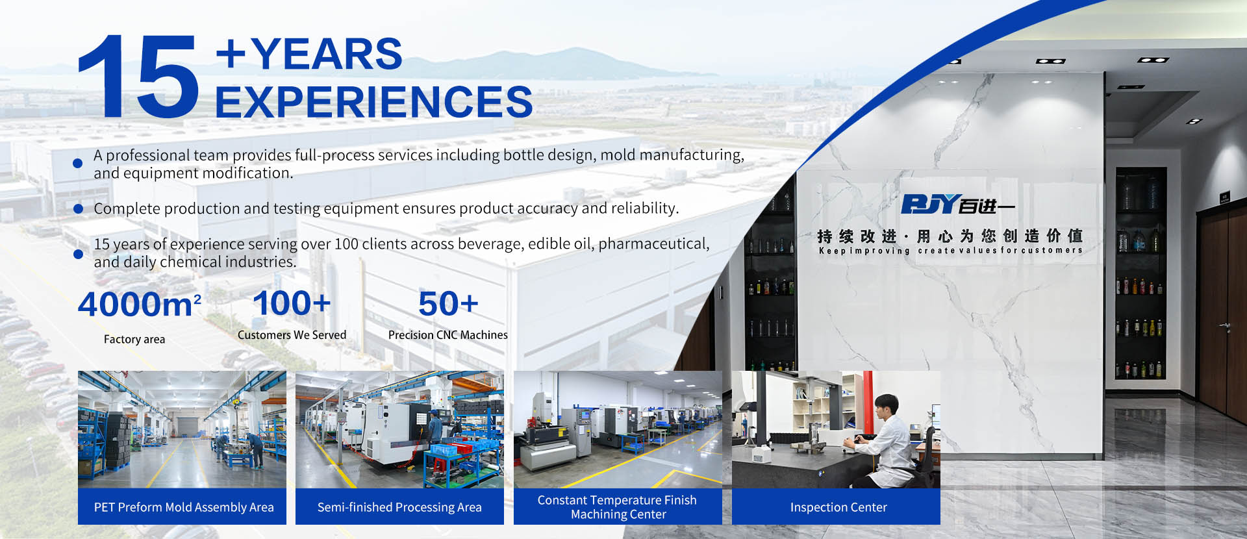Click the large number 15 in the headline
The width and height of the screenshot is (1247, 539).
click(138, 76)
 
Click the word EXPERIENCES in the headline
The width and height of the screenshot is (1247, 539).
click(373, 102)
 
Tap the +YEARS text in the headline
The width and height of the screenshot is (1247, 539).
click(309, 53)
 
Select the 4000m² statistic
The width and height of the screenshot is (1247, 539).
click(139, 304)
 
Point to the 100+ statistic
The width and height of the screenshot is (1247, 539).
click(292, 303)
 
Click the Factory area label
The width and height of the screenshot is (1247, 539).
click(134, 339)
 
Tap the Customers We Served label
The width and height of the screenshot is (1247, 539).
click(292, 335)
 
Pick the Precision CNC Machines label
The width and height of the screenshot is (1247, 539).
click(448, 335)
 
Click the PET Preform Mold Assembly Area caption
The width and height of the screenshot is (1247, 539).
click(184, 507)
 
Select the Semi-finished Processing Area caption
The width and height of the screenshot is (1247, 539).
click(399, 507)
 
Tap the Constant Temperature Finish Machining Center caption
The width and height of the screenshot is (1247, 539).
click(618, 507)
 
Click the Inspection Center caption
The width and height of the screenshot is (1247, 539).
click(838, 507)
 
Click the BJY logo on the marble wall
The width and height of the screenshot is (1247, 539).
click(957, 204)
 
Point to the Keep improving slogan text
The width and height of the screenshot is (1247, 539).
click(950, 251)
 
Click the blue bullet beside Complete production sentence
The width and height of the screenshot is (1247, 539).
click(79, 208)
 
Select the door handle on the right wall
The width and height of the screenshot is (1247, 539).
click(1225, 325)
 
